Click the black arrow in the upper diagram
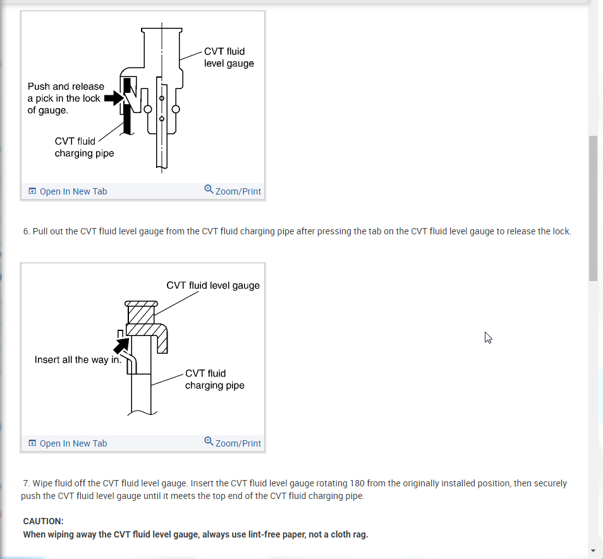tap(112, 98)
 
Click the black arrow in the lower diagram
tap(121, 344)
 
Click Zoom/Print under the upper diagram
tap(238, 191)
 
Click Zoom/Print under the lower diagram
tap(238, 443)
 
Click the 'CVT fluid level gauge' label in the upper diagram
tap(229, 57)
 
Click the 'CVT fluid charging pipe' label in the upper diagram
tap(84, 147)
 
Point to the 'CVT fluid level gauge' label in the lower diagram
tap(213, 286)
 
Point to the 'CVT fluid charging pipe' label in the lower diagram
tap(214, 379)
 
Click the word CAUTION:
tap(43, 521)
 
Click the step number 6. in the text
tap(27, 231)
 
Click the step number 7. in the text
tap(27, 483)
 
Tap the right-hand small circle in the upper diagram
tap(176, 109)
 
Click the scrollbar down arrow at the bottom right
tap(593, 550)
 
